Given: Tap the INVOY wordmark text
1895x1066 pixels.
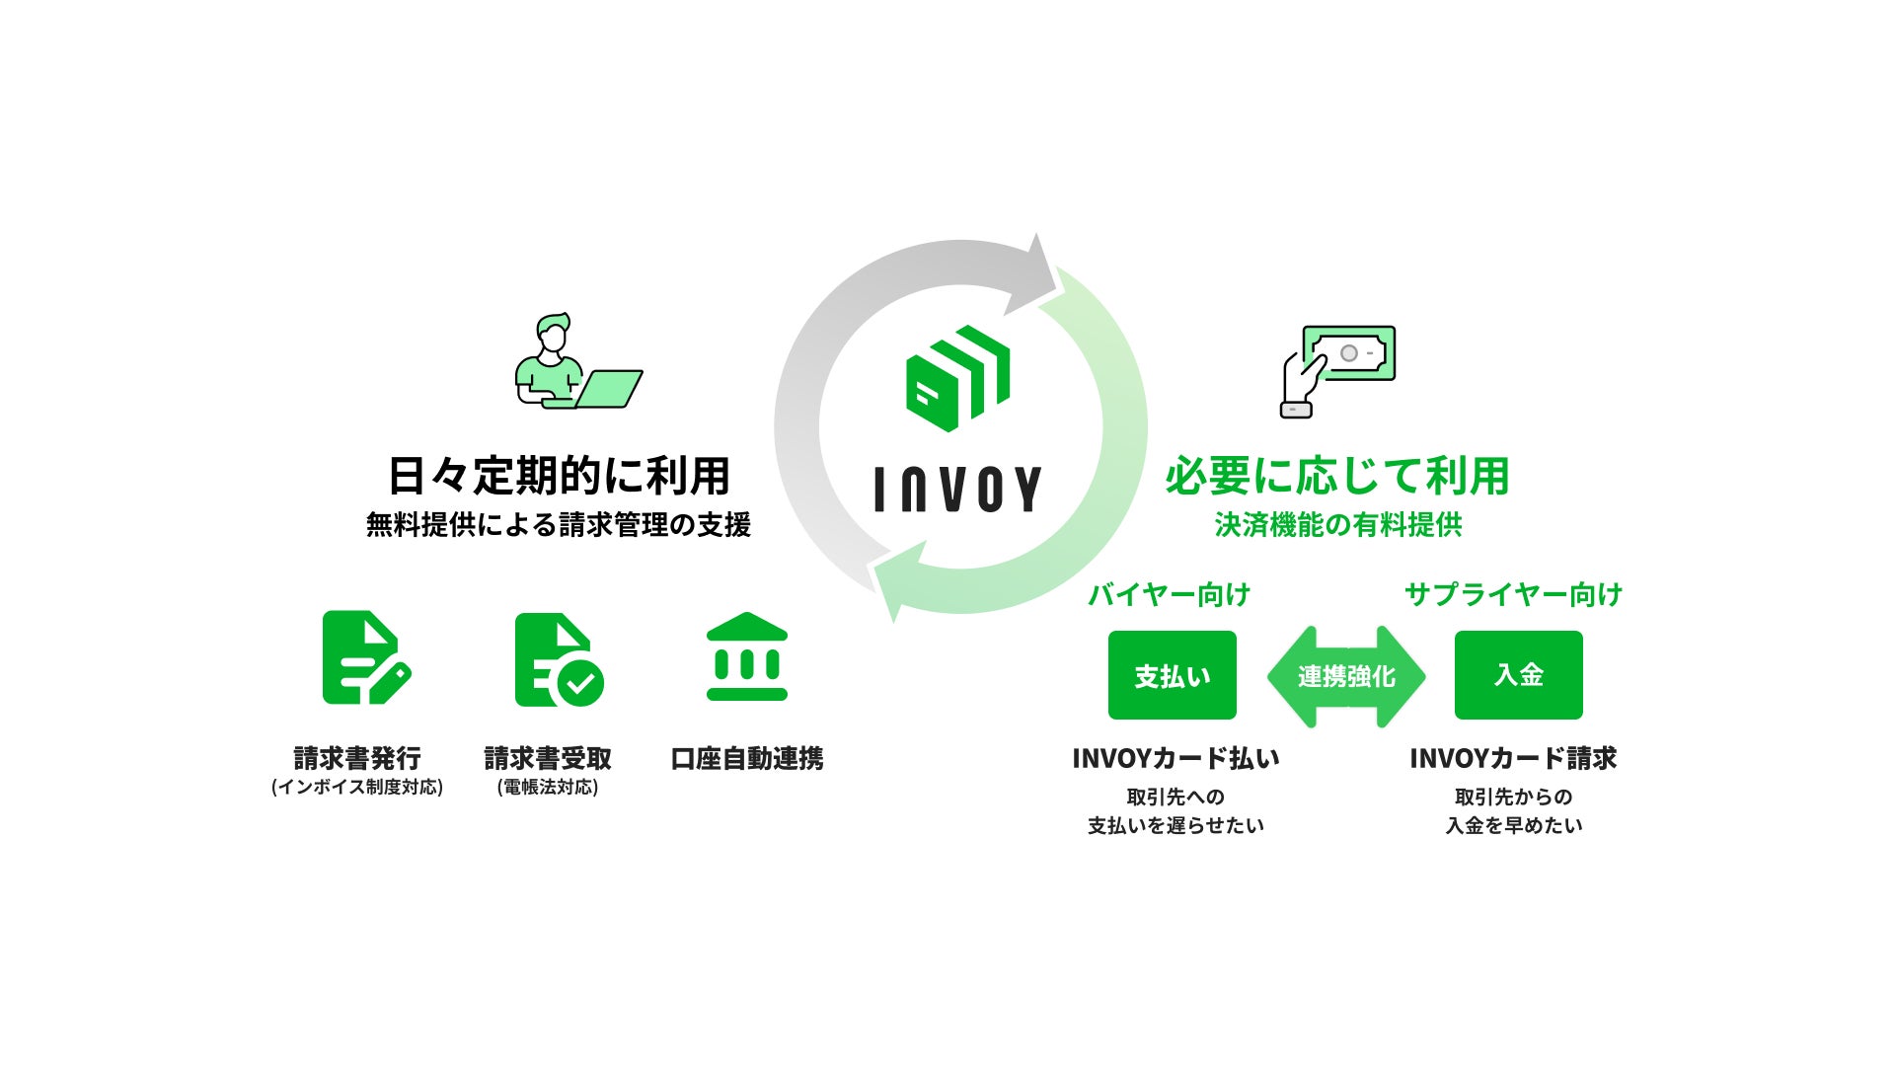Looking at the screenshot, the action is [957, 489].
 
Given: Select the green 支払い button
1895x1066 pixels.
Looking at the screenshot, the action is [1172, 675].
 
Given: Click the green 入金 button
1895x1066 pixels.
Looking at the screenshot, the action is [1518, 675].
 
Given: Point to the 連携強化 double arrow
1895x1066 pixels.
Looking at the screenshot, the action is [1346, 676].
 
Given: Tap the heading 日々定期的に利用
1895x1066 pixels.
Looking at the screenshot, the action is [559, 476].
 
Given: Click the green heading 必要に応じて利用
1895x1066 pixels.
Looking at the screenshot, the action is [1337, 476].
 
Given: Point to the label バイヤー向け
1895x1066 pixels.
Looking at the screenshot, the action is [1170, 594].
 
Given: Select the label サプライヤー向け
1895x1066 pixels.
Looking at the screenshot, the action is [1513, 594].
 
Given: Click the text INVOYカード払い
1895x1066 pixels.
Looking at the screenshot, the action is [1175, 758].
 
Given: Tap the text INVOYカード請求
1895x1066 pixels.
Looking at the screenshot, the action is [1513, 758].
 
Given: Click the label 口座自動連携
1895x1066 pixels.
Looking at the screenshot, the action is [747, 758].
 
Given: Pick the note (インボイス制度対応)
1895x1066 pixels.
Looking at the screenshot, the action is [357, 787].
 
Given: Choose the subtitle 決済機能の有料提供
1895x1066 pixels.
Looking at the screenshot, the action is [1337, 525].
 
